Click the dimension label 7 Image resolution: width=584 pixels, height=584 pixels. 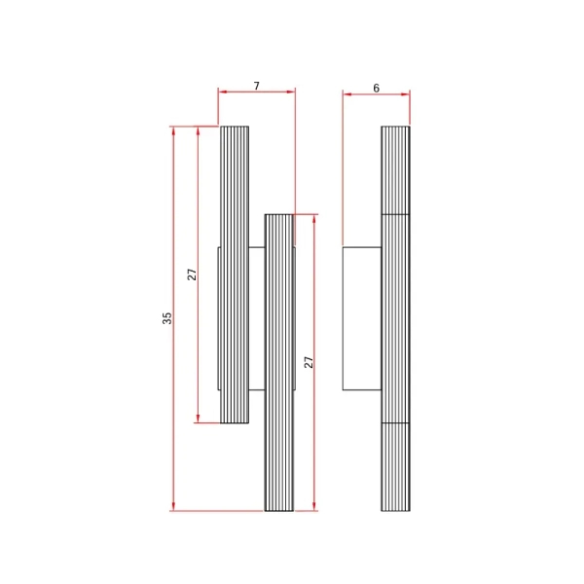point(257,86)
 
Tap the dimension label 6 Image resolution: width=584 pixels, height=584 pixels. point(376,89)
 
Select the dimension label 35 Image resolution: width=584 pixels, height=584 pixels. point(166,318)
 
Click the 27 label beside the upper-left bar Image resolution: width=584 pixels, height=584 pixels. point(192,274)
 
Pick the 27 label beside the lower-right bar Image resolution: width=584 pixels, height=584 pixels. point(309,362)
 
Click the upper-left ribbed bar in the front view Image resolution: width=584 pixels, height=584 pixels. point(235,274)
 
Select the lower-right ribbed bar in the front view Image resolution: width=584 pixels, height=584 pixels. point(279,363)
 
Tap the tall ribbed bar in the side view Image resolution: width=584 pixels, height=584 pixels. point(395,319)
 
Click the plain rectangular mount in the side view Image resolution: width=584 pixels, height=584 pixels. point(362,318)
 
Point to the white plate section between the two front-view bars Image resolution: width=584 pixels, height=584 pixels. point(257,318)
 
